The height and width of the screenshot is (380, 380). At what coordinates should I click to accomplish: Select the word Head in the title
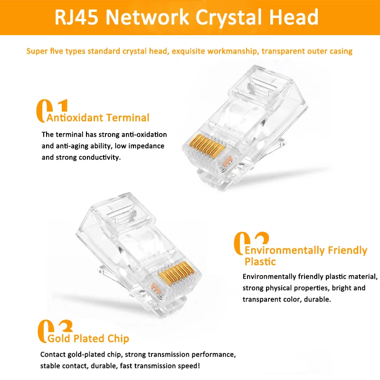294,17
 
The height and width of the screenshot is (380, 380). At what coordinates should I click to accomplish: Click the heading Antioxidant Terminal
98,118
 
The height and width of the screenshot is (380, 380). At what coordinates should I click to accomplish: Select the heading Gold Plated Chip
88,339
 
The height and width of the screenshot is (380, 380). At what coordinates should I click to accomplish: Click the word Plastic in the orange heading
260,262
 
